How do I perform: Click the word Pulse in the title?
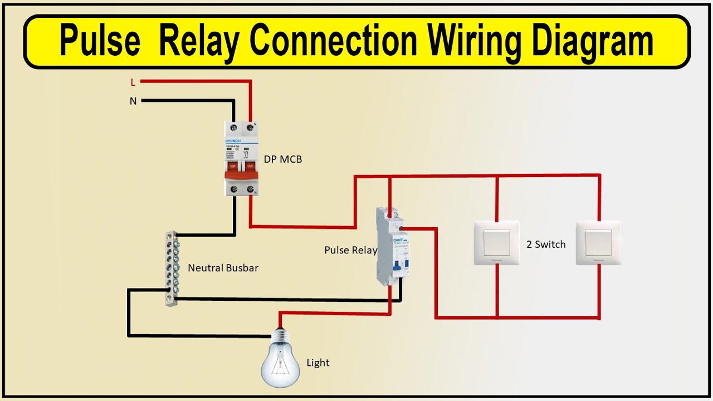pos(100,41)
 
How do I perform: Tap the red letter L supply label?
pos(133,82)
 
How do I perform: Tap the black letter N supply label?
pos(133,101)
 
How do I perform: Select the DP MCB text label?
pos(282,159)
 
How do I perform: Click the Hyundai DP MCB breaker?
pos(241,159)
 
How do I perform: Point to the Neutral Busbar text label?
pos(223,268)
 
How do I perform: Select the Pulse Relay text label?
pos(350,250)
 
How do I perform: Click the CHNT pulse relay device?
pos(390,246)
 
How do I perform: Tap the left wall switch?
pos(496,242)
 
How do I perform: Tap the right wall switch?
pos(598,242)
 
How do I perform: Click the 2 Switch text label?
pos(546,244)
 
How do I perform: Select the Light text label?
pos(318,363)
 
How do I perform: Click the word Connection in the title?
pos(333,41)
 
